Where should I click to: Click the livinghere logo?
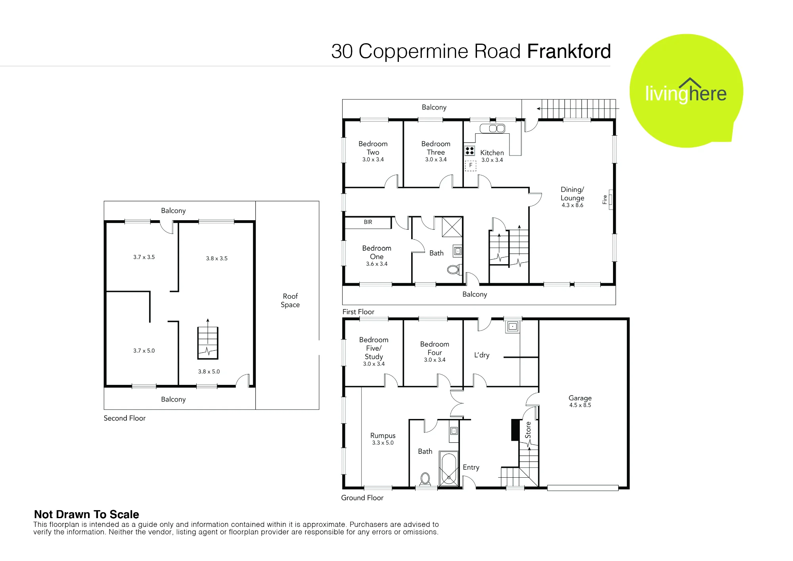686,91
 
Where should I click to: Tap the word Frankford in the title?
569,51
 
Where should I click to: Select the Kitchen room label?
492,153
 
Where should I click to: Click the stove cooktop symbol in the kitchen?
470,151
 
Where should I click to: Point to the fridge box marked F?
471,165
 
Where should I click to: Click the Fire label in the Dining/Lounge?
605,200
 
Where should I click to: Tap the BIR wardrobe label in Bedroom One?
368,222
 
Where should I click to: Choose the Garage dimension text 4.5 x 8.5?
580,405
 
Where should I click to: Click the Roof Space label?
290,300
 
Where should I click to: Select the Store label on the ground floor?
528,430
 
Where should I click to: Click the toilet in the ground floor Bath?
425,479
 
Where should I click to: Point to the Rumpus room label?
383,436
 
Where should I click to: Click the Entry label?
471,468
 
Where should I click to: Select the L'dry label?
482,355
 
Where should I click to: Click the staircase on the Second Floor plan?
208,343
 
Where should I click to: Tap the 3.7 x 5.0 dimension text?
144,351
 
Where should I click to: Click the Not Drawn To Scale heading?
86,515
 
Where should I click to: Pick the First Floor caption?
358,312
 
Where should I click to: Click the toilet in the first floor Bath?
454,270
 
